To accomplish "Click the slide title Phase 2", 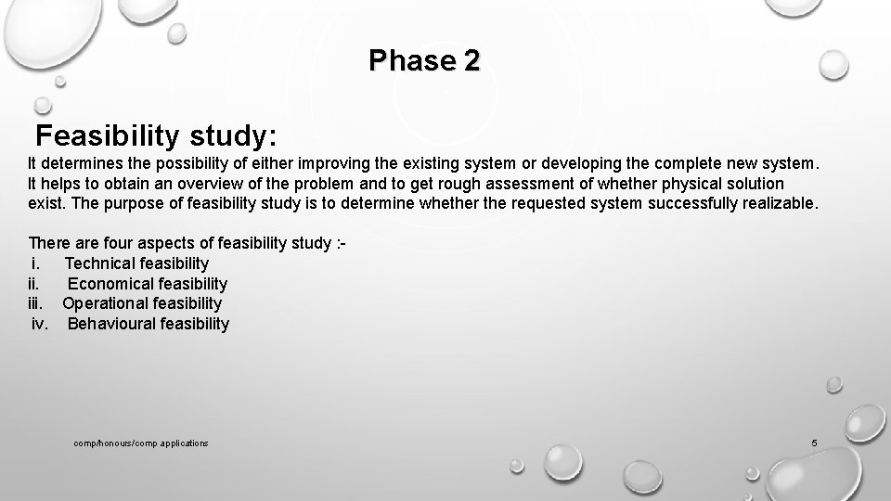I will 424,61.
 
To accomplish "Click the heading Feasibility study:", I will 156,136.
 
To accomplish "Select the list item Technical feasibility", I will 136,263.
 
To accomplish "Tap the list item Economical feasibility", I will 147,284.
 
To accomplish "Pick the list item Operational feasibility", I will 142,303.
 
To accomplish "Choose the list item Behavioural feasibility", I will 148,324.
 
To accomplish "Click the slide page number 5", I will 814,443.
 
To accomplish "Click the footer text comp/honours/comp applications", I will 141,443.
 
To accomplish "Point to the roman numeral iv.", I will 39,324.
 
